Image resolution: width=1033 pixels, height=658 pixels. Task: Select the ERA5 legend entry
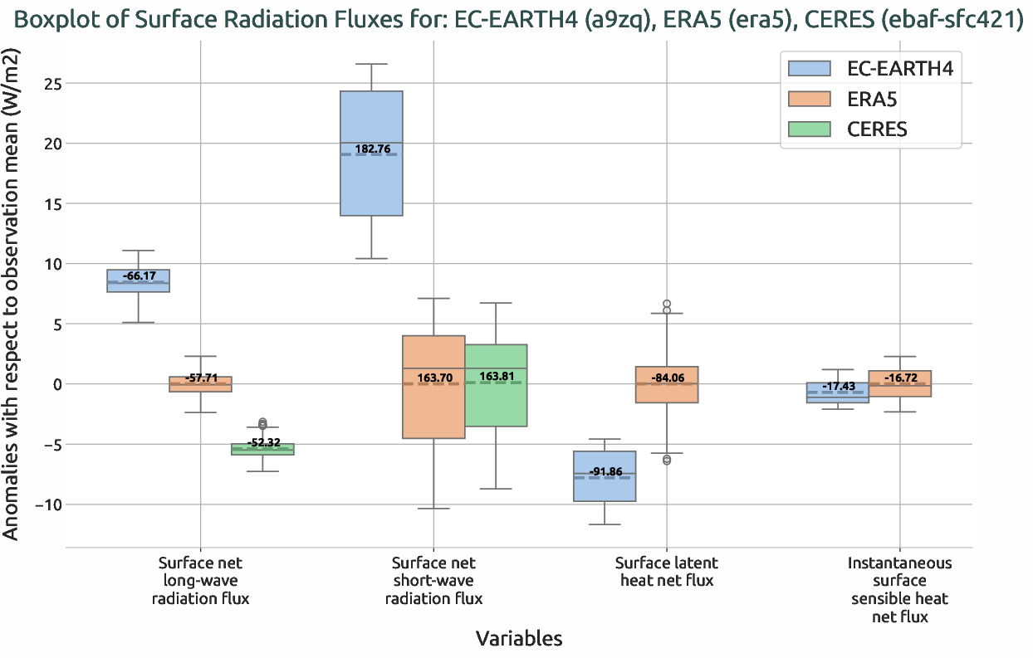tap(871, 99)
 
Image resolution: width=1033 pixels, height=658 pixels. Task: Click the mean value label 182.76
tap(372, 149)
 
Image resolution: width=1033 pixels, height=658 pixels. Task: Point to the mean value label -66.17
tap(139, 275)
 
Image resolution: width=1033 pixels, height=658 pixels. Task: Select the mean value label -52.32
tap(266, 443)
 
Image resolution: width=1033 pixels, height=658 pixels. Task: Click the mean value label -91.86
tap(605, 472)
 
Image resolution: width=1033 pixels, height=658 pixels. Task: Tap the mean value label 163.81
tap(497, 376)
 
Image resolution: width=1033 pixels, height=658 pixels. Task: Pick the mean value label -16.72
tap(900, 378)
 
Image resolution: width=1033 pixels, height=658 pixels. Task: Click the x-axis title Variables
tap(518, 638)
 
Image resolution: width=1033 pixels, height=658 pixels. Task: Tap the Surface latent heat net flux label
tap(667, 572)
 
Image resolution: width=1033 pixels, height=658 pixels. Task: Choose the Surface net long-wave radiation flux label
tap(201, 580)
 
